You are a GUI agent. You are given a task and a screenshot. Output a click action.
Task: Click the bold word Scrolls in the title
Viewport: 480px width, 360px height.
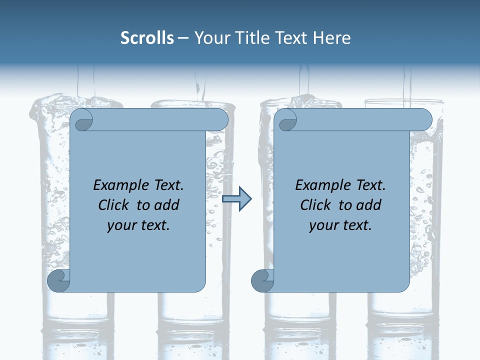pyautogui.click(x=147, y=38)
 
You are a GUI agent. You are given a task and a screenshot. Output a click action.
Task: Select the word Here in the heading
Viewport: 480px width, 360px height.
pyautogui.click(x=331, y=38)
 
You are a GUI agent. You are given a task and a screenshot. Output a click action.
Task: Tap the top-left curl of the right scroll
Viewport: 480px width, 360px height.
pyautogui.click(x=286, y=120)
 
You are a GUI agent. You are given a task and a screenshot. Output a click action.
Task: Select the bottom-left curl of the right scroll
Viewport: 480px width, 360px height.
pyautogui.click(x=262, y=280)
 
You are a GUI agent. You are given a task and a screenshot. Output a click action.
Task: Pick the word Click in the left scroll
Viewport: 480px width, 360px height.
pyautogui.click(x=112, y=205)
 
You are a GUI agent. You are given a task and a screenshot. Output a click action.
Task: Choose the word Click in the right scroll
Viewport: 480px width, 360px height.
pyautogui.click(x=315, y=205)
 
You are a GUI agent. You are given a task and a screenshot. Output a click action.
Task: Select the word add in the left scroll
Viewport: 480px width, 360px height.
pyautogui.click(x=167, y=205)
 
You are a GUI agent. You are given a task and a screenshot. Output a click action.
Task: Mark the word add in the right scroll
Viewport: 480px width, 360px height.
pyautogui.click(x=369, y=205)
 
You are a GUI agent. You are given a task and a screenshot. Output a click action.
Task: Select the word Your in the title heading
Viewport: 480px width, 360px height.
pyautogui.click(x=210, y=38)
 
